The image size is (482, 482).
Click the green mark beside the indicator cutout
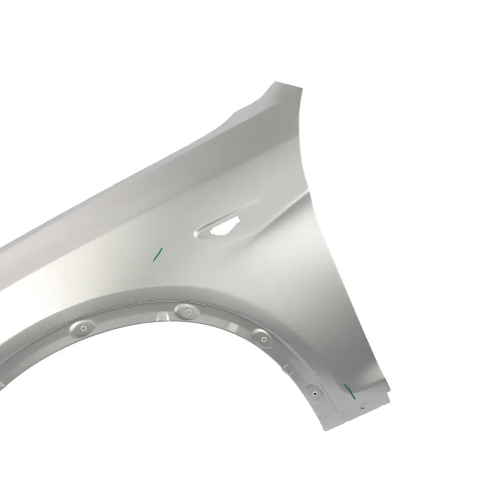pos(158,254)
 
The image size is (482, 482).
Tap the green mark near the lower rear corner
pos(349,391)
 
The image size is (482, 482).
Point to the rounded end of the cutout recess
pos(199,232)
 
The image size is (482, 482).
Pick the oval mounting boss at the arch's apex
pos(187,311)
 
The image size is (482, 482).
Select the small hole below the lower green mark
pos(362,407)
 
